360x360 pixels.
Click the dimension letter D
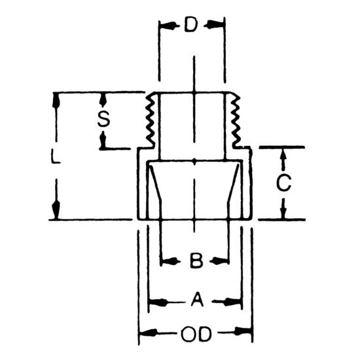click(x=192, y=26)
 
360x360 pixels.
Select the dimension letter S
click(x=102, y=120)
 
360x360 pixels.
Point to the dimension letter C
click(x=283, y=184)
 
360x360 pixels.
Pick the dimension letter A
click(x=194, y=302)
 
